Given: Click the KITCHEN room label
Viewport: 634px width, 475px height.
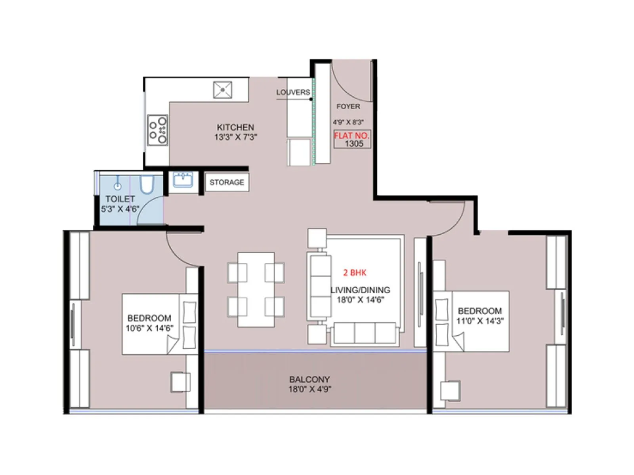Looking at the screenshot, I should coord(235,127).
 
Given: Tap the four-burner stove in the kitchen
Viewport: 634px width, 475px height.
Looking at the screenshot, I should coord(157,130).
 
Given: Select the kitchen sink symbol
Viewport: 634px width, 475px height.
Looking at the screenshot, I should coord(223,90).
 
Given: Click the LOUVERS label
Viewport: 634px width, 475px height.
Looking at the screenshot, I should coord(293,92).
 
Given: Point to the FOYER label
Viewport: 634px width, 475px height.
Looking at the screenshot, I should coord(348,106).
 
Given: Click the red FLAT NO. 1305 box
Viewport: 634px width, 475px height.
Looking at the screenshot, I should coord(352,139).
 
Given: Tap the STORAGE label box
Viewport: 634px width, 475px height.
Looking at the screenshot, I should coord(227,182).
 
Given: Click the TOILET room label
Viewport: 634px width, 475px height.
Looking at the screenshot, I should coord(120,199).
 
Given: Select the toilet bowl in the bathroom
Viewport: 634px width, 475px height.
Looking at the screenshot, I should coord(147,185).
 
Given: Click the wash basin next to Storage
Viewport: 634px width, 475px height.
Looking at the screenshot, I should coord(183,180).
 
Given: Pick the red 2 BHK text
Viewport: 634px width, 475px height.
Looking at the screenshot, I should coord(355,273).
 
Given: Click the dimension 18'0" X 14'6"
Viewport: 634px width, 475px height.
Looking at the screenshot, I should coord(360,300).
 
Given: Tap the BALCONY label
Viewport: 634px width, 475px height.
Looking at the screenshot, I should coord(309,379).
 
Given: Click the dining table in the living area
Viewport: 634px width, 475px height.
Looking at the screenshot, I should coord(256,290).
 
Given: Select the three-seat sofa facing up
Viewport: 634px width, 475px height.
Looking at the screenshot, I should coord(365,333).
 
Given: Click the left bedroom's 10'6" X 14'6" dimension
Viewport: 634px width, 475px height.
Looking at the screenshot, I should coord(149,328).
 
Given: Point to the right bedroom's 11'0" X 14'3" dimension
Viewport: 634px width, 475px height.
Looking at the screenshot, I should coord(480,321).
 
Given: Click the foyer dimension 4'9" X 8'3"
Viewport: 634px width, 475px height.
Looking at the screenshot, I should coord(348,122).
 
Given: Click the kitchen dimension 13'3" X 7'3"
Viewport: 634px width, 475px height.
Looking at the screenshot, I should coord(236,137).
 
